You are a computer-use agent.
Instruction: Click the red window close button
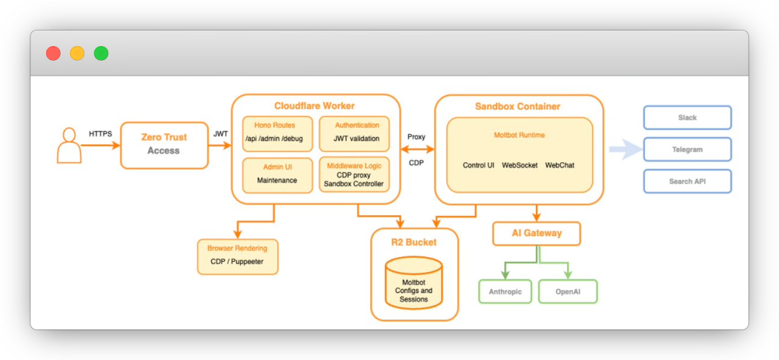pos(53,53)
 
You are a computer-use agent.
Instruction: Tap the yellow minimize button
pos(77,53)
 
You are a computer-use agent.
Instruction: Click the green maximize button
pos(101,53)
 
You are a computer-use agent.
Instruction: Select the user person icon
pos(69,146)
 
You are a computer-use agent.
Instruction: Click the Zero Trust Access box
pos(164,144)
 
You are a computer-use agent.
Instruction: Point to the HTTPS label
pos(100,133)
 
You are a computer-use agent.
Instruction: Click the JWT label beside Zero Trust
pos(220,133)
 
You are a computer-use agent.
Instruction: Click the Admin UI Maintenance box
pos(277,175)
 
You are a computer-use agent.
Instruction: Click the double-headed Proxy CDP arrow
pos(416,149)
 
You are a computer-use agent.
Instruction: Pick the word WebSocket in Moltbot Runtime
pos(519,165)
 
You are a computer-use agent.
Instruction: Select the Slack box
pos(687,118)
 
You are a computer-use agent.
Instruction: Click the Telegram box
pos(687,149)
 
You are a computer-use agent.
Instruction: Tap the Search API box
pos(687,181)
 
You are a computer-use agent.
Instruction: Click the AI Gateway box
pos(537,233)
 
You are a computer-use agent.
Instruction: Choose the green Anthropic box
pos(505,291)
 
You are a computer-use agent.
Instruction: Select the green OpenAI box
pos(567,291)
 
